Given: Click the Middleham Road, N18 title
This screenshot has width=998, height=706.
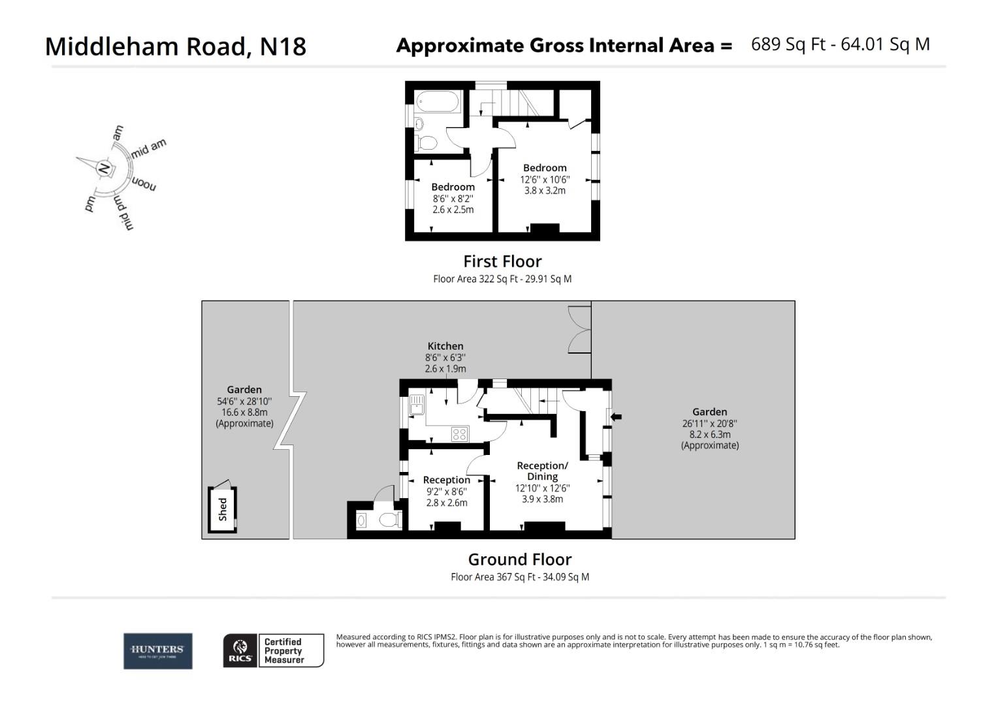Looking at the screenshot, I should point(175,46).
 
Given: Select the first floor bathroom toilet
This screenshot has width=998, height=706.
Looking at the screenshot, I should point(427,142).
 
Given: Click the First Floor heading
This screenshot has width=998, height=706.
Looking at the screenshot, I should point(502,261).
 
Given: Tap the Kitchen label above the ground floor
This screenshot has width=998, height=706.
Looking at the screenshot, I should point(445,346).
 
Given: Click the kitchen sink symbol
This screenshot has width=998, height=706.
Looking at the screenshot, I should point(417,406).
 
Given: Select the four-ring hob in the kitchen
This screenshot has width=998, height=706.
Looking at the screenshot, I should point(459,434).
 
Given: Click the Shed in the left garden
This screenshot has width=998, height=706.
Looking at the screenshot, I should point(223,509).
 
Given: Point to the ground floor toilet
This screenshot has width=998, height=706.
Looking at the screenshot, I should point(388,520).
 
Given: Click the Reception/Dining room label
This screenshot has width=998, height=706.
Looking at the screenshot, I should point(542,471).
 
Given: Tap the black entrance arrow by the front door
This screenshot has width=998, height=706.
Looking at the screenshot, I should point(616,416).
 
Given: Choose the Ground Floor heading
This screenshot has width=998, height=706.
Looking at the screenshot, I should point(520,560).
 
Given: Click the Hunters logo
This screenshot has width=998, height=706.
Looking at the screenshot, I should point(158,650).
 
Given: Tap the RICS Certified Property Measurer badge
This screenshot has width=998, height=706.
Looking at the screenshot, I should point(274,650).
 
